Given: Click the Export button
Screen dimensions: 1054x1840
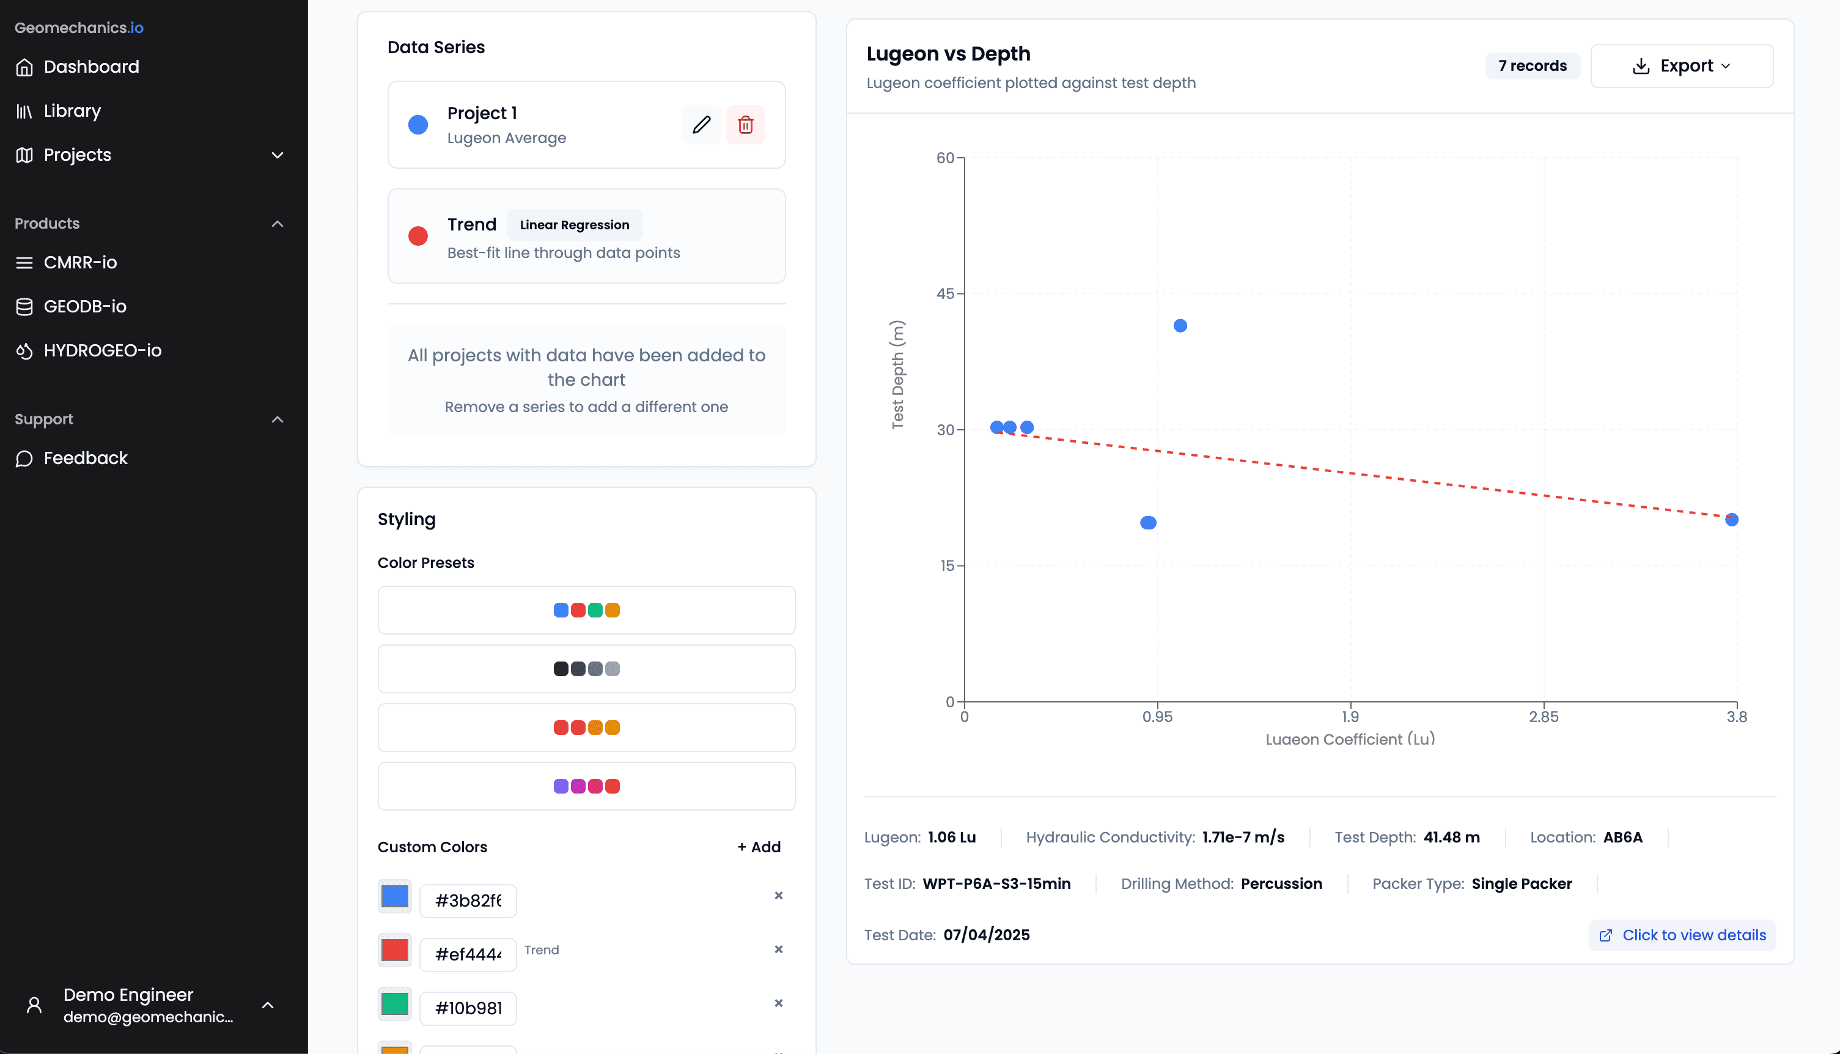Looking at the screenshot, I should pyautogui.click(x=1680, y=66).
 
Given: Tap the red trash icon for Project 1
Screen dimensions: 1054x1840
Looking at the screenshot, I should pyautogui.click(x=745, y=125).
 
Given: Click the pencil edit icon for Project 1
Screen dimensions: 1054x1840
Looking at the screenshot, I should pyautogui.click(x=701, y=125).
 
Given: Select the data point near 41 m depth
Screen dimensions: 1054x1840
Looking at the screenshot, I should pyautogui.click(x=1180, y=326).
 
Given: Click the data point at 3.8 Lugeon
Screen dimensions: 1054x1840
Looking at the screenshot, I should pyautogui.click(x=1731, y=520).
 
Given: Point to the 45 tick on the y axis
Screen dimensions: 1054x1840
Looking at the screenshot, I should pyautogui.click(x=945, y=294).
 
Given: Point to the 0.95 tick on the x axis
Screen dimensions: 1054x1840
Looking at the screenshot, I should pyautogui.click(x=1157, y=717).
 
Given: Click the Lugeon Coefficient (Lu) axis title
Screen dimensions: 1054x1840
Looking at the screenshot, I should pyautogui.click(x=1349, y=739).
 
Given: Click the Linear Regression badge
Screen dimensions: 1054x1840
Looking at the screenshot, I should pyautogui.click(x=574, y=225).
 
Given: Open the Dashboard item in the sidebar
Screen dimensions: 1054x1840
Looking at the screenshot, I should pyautogui.click(x=91, y=67).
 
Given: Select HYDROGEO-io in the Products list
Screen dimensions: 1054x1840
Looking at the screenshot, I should pyautogui.click(x=102, y=350).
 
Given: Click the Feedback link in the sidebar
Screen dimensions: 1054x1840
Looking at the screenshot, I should pyautogui.click(x=86, y=459).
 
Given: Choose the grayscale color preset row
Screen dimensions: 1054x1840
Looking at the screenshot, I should pyautogui.click(x=586, y=669).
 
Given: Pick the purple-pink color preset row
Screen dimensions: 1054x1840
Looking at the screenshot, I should pyautogui.click(x=586, y=786).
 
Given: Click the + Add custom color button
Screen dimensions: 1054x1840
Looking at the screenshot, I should pyautogui.click(x=759, y=847).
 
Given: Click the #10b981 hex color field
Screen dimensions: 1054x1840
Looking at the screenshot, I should pyautogui.click(x=468, y=1008).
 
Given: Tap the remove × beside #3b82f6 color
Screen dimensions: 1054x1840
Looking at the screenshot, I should pyautogui.click(x=778, y=896).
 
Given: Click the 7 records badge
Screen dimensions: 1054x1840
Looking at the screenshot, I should pyautogui.click(x=1532, y=66).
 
